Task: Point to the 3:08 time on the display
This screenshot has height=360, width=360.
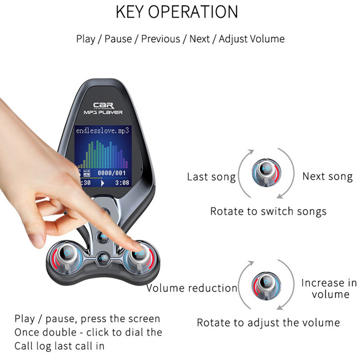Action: (x=122, y=183)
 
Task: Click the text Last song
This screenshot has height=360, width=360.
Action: (x=211, y=177)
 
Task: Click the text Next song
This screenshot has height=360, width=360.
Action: (x=327, y=176)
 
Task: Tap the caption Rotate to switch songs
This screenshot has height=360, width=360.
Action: (x=268, y=211)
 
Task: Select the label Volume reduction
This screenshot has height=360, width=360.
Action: (x=192, y=288)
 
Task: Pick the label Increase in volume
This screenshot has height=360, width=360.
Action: (x=329, y=288)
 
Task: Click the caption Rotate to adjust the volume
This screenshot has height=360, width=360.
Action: (x=268, y=322)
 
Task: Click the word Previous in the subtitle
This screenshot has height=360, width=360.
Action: (x=160, y=39)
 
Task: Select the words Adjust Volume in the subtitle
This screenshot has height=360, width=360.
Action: (x=252, y=39)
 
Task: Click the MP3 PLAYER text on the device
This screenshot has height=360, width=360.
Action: (x=103, y=112)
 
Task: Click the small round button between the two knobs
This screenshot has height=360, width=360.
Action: (x=103, y=258)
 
